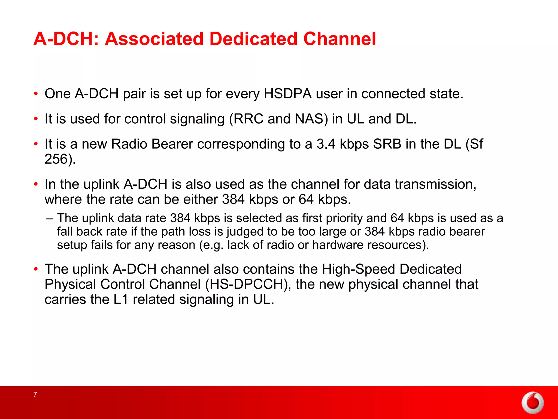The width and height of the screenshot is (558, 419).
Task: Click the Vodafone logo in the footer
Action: point(532,403)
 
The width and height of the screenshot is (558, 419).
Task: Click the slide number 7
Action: point(35,394)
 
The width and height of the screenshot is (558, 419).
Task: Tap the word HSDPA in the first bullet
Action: point(288,94)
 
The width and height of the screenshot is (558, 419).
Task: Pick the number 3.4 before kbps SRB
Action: point(326,144)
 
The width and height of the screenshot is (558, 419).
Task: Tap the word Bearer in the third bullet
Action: point(172,144)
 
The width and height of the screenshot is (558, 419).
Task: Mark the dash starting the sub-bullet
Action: point(49,218)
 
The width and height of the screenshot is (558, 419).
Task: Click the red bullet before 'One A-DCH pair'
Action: point(36,94)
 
